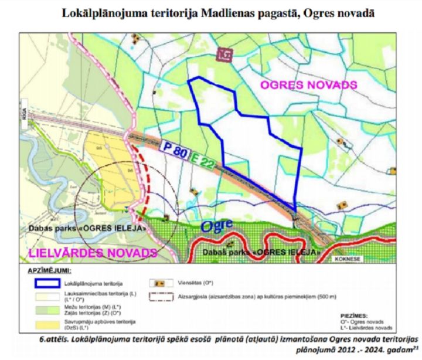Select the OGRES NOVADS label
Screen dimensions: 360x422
[x=308, y=85]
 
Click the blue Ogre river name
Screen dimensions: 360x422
[x=217, y=226]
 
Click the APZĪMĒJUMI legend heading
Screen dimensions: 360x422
[x=49, y=272]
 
